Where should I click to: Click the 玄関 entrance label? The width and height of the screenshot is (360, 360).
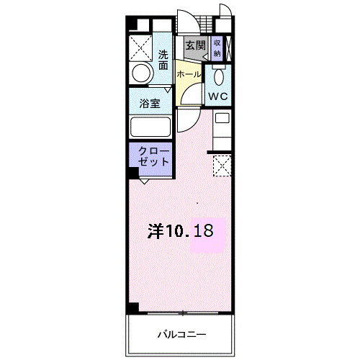(x=196, y=45)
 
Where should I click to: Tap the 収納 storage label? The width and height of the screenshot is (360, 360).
(x=217, y=48)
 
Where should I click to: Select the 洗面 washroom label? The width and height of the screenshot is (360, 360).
(x=163, y=60)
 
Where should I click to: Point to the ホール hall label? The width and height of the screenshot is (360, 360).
(x=189, y=74)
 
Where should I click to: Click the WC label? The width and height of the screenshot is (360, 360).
(x=218, y=96)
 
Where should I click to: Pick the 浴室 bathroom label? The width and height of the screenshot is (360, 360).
(x=150, y=104)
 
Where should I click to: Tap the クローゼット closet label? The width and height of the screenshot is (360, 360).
(x=153, y=156)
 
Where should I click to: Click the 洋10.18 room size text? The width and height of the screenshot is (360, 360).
(x=180, y=231)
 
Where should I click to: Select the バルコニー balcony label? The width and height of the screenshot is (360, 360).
(x=181, y=334)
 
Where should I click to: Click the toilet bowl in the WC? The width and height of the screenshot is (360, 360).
(x=218, y=77)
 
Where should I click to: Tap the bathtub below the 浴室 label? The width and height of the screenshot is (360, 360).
(x=150, y=127)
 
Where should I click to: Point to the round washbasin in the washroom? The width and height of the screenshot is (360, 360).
(x=142, y=73)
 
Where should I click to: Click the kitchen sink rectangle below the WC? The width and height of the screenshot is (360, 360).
(x=222, y=118)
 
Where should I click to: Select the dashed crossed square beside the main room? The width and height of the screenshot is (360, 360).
(x=222, y=166)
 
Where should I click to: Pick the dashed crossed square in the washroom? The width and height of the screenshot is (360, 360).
(x=140, y=48)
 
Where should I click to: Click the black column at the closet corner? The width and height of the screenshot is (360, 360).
(x=134, y=173)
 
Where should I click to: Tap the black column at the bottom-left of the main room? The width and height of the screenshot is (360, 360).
(x=133, y=307)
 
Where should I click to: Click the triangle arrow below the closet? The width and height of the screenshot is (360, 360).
(x=144, y=181)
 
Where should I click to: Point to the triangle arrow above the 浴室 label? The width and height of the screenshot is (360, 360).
(x=168, y=90)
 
